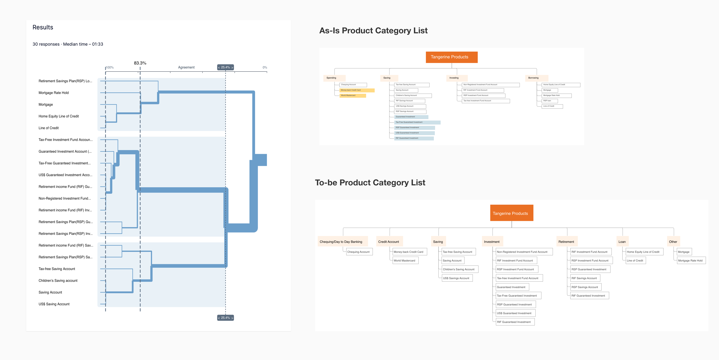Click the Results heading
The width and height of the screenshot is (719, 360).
(x=43, y=27)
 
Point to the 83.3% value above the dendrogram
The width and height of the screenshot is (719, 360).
(x=140, y=63)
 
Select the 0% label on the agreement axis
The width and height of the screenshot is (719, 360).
(x=265, y=68)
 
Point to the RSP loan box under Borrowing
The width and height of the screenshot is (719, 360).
(x=549, y=101)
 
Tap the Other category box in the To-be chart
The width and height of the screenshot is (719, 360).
(x=673, y=242)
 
